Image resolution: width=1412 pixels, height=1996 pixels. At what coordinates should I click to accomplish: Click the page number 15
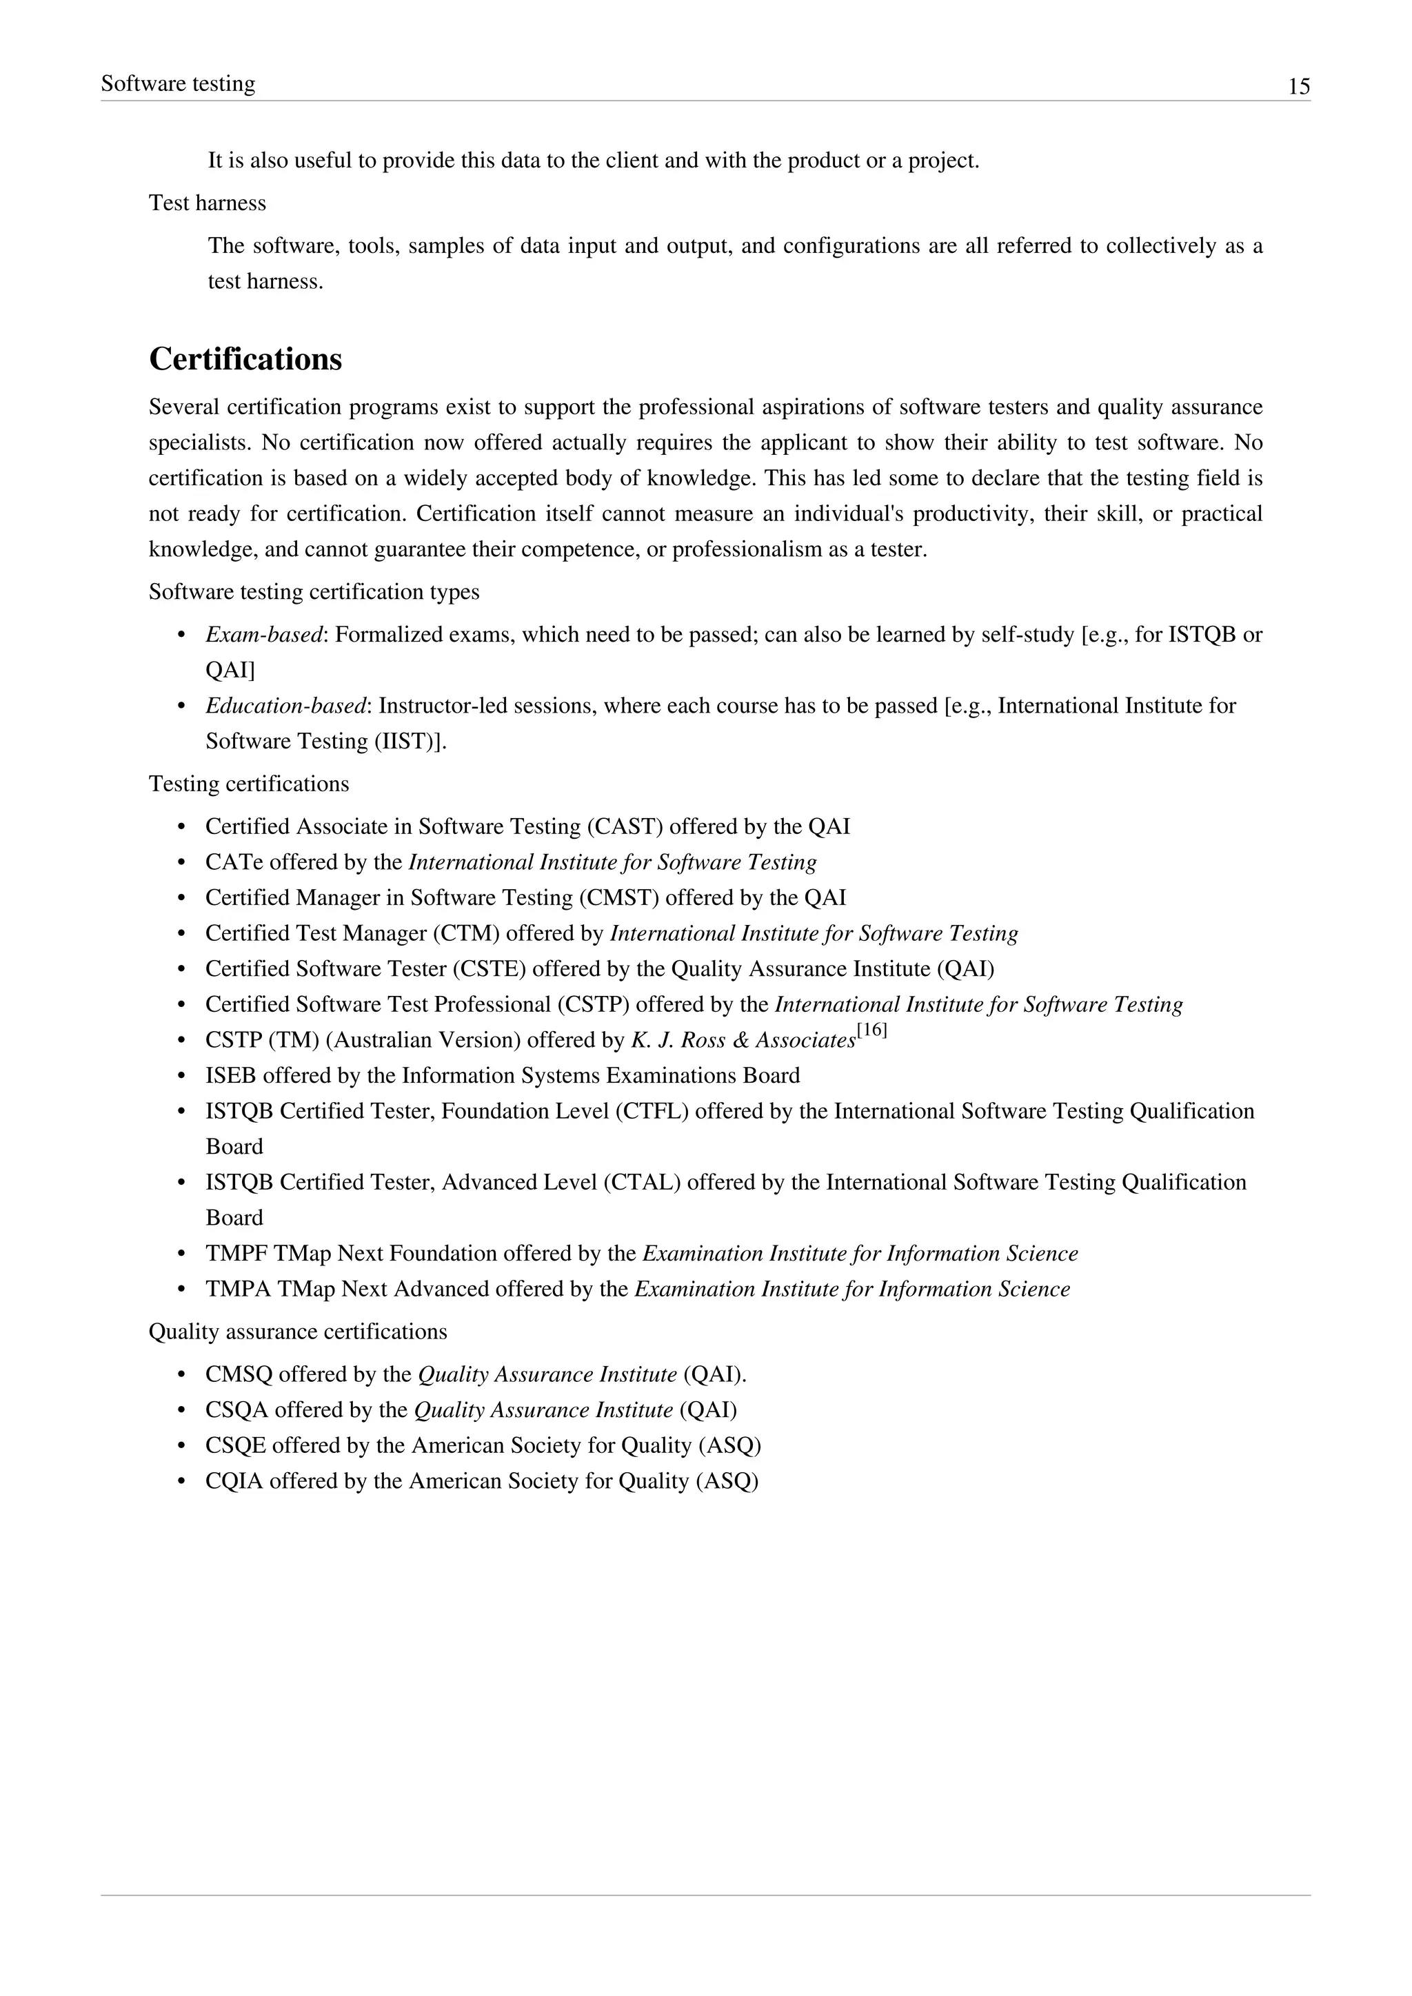[x=1298, y=86]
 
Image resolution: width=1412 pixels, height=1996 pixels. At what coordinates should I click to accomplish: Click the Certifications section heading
[x=245, y=359]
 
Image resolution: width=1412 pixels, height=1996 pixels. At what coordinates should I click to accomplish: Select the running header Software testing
[x=179, y=83]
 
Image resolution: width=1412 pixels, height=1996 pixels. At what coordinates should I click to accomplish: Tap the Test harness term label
[x=207, y=203]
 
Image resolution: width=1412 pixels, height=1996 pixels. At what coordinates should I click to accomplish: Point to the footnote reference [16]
[x=872, y=1031]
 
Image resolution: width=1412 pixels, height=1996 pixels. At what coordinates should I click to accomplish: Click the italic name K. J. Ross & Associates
[x=743, y=1041]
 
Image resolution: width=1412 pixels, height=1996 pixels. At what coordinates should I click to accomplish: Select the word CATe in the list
[x=234, y=862]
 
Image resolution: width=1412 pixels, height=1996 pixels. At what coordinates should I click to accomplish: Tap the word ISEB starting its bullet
[x=230, y=1077]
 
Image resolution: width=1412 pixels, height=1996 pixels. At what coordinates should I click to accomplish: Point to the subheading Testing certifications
[x=249, y=784]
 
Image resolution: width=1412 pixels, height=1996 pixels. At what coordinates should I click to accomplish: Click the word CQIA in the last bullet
[x=234, y=1481]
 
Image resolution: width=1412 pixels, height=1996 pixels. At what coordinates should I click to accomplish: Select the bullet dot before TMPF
[x=182, y=1254]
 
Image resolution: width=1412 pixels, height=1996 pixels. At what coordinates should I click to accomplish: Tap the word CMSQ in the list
[x=239, y=1374]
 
